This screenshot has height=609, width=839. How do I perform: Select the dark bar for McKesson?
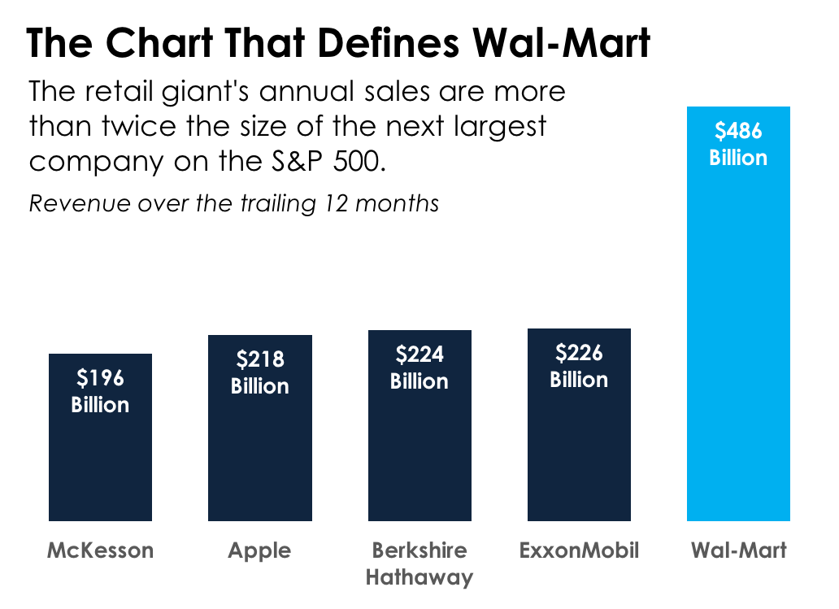[100, 463]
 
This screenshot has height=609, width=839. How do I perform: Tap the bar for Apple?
[259, 455]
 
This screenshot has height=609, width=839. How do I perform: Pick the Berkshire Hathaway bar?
[419, 455]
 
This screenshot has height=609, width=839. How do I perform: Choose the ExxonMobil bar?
[579, 455]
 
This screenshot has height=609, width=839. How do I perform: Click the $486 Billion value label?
[738, 144]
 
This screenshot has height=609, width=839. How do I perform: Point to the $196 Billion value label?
[100, 391]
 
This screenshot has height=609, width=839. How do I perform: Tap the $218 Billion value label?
[259, 372]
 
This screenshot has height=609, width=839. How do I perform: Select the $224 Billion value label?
[419, 368]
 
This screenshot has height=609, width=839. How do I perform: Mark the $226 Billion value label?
[579, 366]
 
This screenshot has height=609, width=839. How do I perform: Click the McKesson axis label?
[100, 550]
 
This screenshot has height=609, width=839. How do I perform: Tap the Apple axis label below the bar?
[259, 550]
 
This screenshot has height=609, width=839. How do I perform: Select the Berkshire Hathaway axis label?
[419, 563]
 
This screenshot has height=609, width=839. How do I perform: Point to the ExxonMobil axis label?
[579, 550]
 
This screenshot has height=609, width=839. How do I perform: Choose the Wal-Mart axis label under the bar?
[738, 550]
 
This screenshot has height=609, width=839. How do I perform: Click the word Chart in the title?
[159, 43]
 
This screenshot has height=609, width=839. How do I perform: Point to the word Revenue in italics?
[80, 202]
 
